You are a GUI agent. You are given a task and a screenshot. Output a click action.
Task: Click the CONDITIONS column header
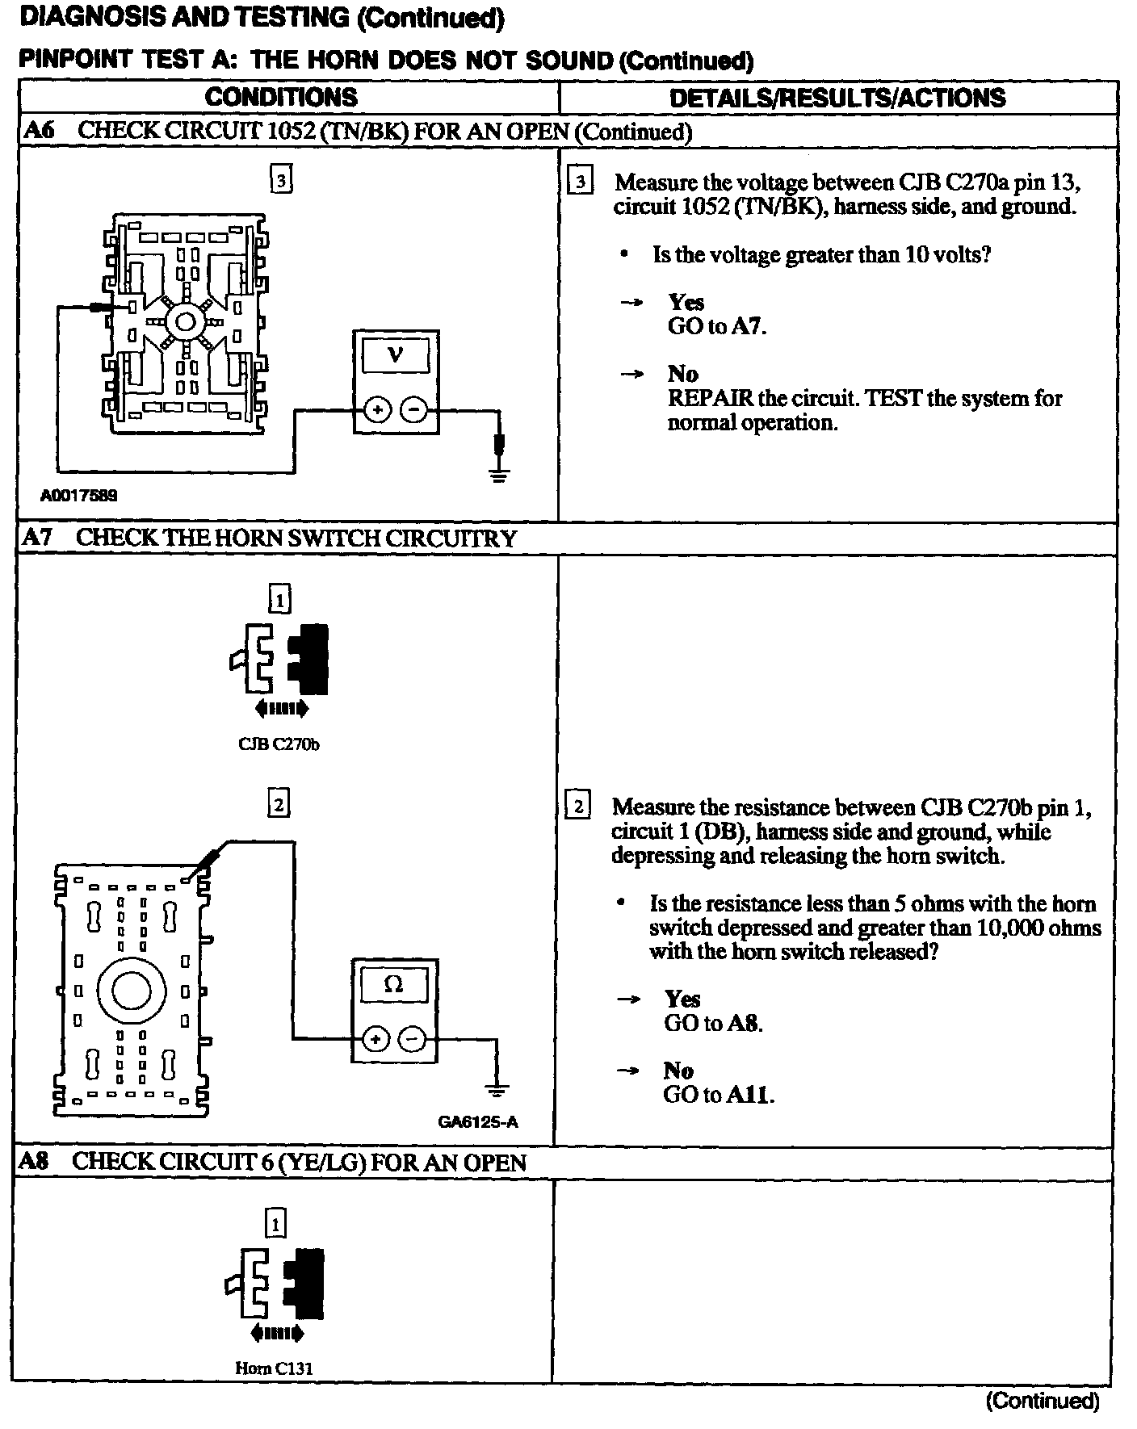[281, 98]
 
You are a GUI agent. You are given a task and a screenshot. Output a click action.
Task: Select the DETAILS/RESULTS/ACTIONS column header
[837, 98]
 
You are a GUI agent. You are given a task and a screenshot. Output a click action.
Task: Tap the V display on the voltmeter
[396, 354]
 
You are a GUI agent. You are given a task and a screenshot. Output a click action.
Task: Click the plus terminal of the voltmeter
[376, 411]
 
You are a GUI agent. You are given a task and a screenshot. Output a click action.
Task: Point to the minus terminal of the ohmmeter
[413, 1040]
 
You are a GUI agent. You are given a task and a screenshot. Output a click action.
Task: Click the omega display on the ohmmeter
[393, 984]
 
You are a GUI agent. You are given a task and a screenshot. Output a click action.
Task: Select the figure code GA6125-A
[477, 1121]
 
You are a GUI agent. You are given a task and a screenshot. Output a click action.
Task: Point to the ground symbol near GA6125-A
[497, 1092]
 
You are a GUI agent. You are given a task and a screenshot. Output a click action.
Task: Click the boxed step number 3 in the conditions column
[281, 181]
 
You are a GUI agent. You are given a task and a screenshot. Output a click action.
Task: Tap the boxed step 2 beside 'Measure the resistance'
[578, 807]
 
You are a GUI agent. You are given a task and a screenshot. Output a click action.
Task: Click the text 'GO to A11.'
[718, 1095]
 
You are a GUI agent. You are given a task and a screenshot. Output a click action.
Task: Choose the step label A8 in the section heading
[35, 1162]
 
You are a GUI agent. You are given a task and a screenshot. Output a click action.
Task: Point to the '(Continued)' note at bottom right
[1043, 1401]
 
